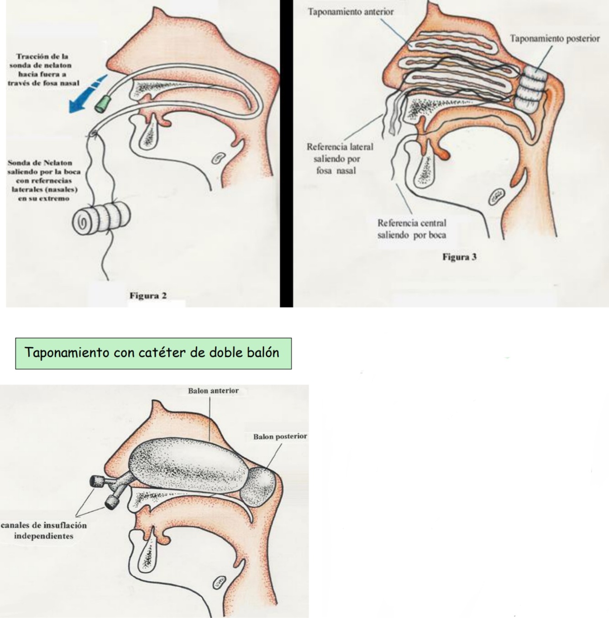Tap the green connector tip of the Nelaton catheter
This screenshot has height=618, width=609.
coord(102,104)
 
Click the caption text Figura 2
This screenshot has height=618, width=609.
coord(148,295)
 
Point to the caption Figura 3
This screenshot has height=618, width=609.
coord(459,257)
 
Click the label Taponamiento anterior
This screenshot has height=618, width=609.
coord(351,12)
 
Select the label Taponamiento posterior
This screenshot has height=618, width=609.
coord(555,39)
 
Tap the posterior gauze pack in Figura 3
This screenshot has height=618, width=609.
coord(532,89)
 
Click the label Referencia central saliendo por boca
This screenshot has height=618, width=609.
coord(411,229)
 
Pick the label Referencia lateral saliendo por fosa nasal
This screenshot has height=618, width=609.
coord(339,159)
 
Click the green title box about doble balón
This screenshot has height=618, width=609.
coord(153,353)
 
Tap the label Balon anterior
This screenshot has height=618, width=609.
coord(213,391)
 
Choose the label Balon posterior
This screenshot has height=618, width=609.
coord(280,437)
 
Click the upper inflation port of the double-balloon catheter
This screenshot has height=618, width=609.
coord(97,481)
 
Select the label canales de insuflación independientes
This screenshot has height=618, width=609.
coord(44,530)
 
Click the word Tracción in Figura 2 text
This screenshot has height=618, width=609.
coord(31,57)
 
